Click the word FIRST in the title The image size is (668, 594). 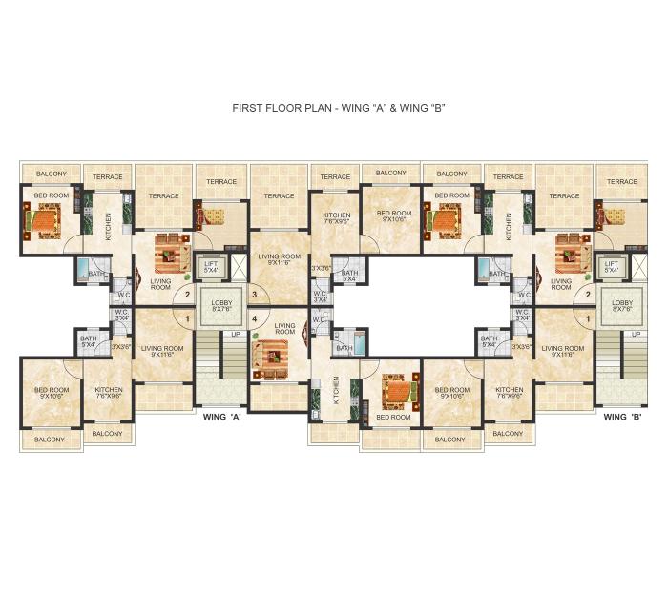point(247,108)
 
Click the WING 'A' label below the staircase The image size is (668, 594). point(221,417)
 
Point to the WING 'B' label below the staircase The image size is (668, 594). point(622,417)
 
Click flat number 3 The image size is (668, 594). point(254,295)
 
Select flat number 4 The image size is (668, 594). point(254,318)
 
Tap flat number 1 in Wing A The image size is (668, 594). point(188,318)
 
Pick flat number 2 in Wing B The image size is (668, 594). point(588,295)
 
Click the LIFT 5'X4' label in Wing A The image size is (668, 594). point(212,267)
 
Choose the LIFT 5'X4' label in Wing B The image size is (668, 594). point(612,267)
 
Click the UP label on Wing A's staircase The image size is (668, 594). point(235,335)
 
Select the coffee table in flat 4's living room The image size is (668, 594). point(270,356)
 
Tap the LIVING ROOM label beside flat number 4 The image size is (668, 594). point(284,329)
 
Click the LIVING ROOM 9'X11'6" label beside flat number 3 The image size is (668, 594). point(280,259)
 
